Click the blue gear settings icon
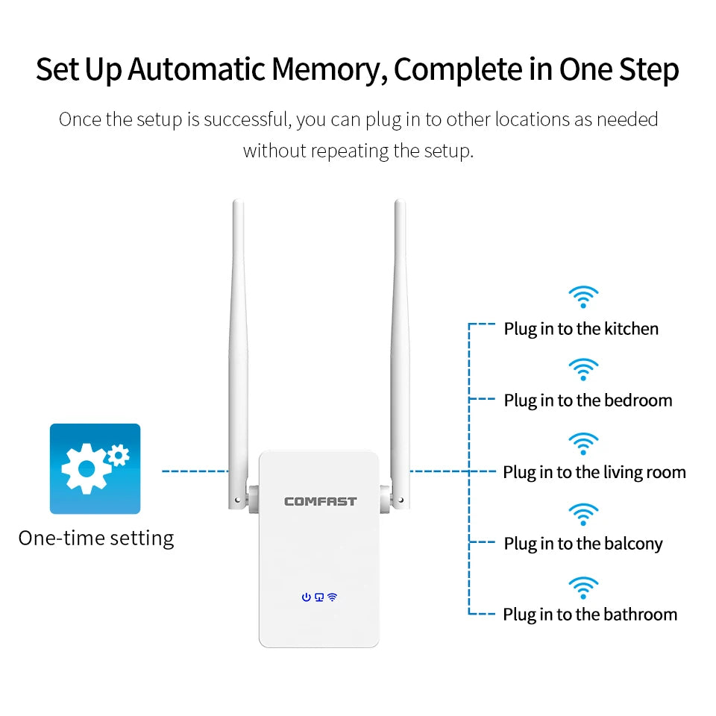pyautogui.click(x=95, y=468)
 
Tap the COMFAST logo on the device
pyautogui.click(x=320, y=501)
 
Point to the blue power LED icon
pyautogui.click(x=306, y=597)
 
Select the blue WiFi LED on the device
pyautogui.click(x=332, y=597)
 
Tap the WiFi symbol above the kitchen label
pyautogui.click(x=583, y=297)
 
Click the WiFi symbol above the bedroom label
pyautogui.click(x=583, y=369)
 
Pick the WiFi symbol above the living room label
pyautogui.click(x=583, y=443)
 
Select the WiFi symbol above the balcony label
pyautogui.click(x=583, y=515)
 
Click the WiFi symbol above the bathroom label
pyautogui.click(x=583, y=587)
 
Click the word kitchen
pyautogui.click(x=631, y=328)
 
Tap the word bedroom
pyautogui.click(x=638, y=401)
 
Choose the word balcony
pyautogui.click(x=633, y=544)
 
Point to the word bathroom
pyautogui.click(x=640, y=615)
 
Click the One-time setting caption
pyautogui.click(x=96, y=538)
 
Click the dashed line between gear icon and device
pyautogui.click(x=195, y=471)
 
